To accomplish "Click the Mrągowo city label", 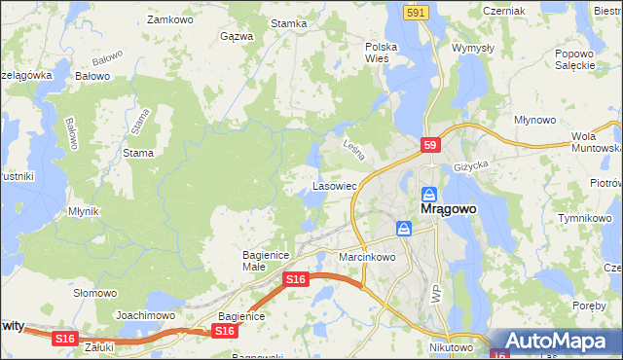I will [x=446, y=208].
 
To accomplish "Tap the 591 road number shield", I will [x=416, y=12].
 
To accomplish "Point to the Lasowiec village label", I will [x=334, y=185].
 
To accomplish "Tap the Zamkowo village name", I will [x=165, y=19].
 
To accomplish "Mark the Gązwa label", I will [x=237, y=36].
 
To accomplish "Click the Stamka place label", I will [x=289, y=24].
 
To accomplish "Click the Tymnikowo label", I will [x=583, y=218].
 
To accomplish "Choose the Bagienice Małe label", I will [x=262, y=260].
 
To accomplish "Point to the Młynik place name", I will [x=84, y=210].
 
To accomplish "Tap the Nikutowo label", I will [x=450, y=346].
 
